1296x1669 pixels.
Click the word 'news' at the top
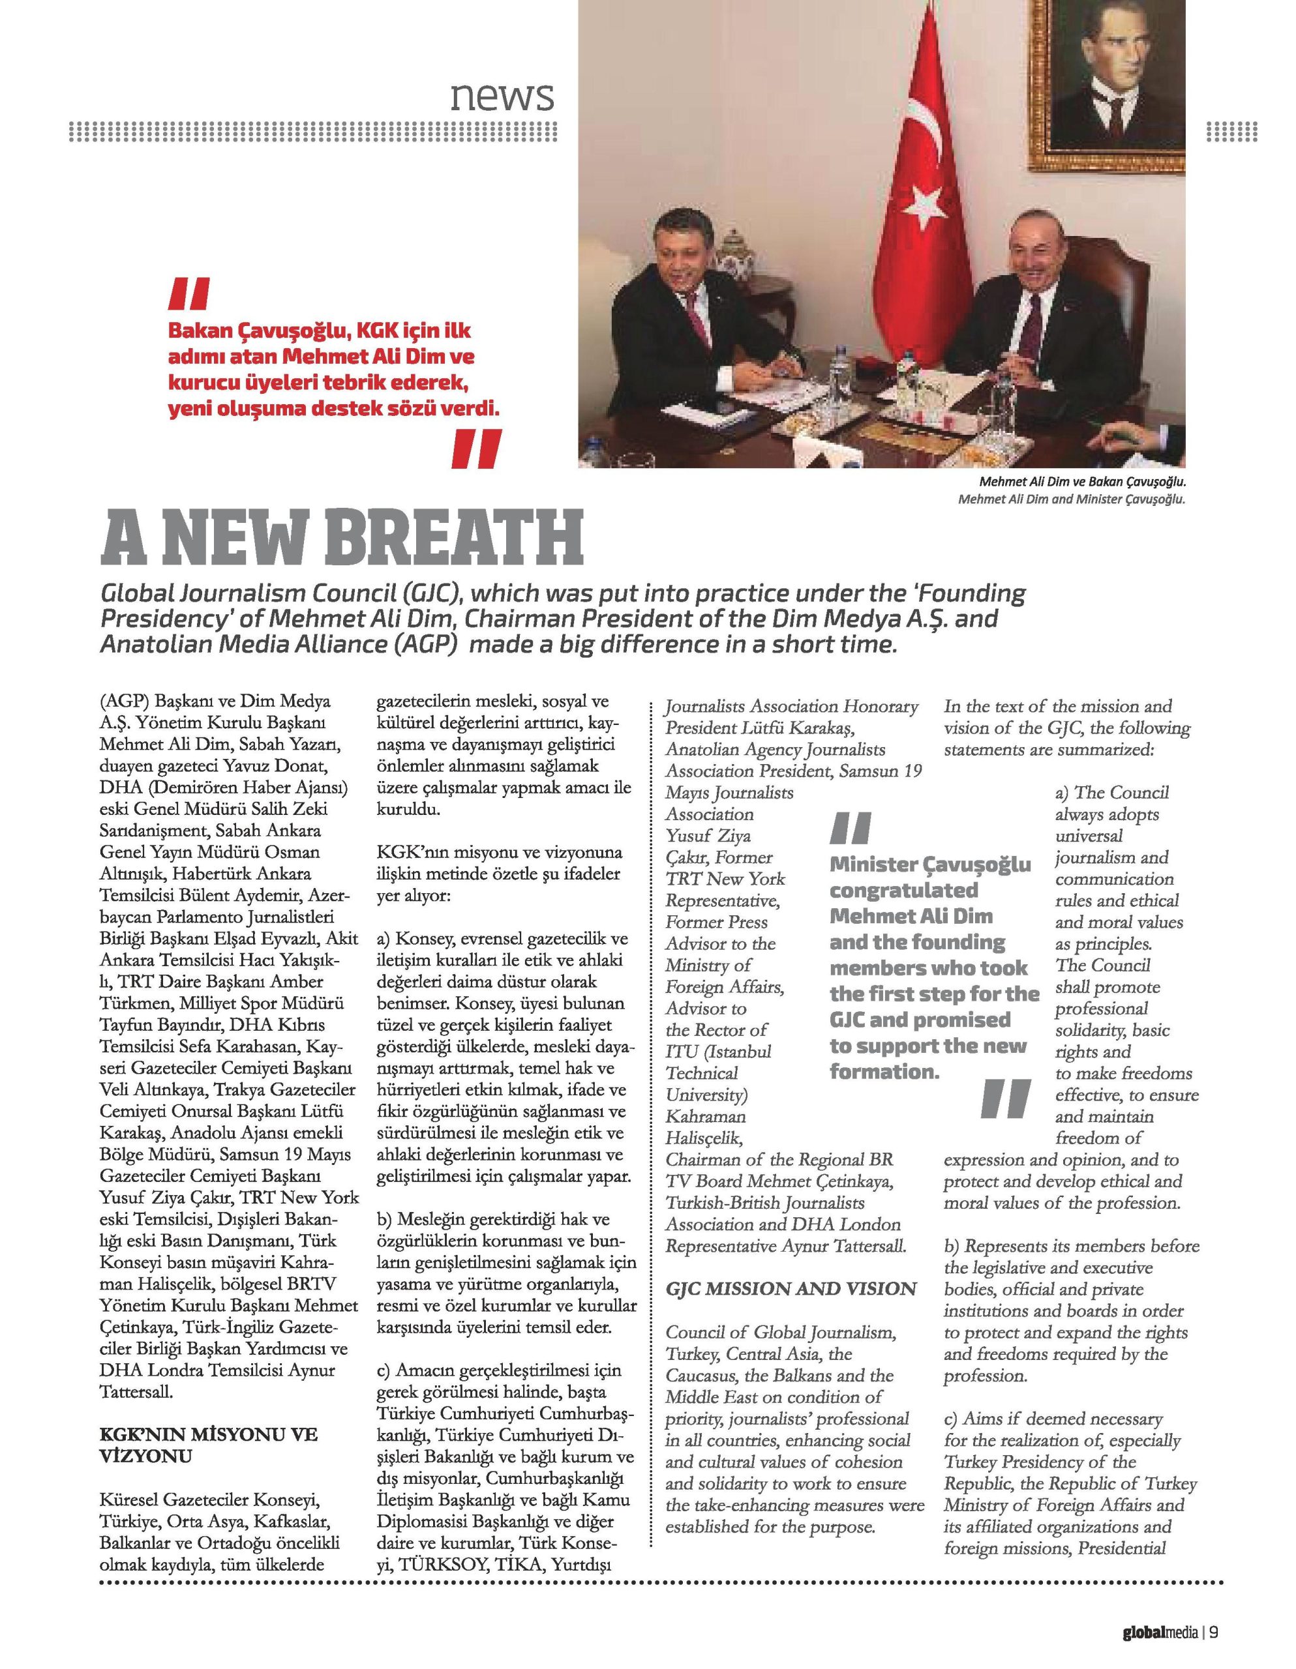click(502, 97)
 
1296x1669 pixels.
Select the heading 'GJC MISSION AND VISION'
click(791, 1289)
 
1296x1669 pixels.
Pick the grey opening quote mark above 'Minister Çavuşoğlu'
click(849, 827)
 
